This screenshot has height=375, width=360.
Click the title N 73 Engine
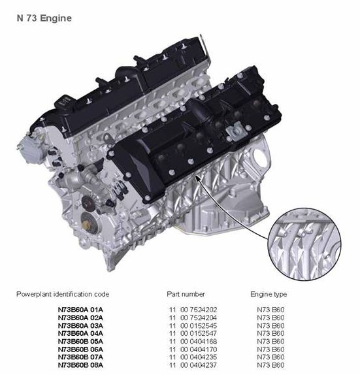tap(44, 18)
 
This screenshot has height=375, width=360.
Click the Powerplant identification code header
tap(63, 294)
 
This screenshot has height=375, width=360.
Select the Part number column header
tap(186, 294)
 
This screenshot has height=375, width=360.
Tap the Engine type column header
tap(269, 294)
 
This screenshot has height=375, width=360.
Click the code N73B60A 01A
tap(80, 310)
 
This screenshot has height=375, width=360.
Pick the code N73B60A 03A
tap(80, 325)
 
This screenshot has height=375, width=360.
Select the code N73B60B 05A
tap(80, 341)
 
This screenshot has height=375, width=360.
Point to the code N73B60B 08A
tap(80, 365)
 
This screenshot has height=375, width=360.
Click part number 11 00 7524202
tap(193, 310)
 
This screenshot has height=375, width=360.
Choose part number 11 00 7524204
tap(193, 318)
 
